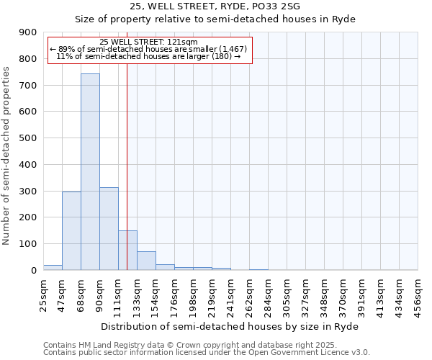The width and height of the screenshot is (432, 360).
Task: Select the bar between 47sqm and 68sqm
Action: [71, 230]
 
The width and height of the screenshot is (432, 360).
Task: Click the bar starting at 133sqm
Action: [146, 261]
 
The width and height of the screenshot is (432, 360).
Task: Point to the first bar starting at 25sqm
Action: [53, 267]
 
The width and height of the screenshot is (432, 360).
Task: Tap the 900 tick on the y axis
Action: [29, 32]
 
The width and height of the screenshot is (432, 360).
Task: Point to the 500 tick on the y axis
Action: [29, 138]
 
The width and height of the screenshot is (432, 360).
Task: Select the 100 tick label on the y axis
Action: [29, 244]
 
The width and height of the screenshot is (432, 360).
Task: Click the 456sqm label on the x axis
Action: [418, 297]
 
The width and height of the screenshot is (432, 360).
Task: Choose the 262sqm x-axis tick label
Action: [249, 297]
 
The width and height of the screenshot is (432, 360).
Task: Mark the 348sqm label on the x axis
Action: [324, 297]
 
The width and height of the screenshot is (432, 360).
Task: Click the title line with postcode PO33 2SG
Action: [215, 6]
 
